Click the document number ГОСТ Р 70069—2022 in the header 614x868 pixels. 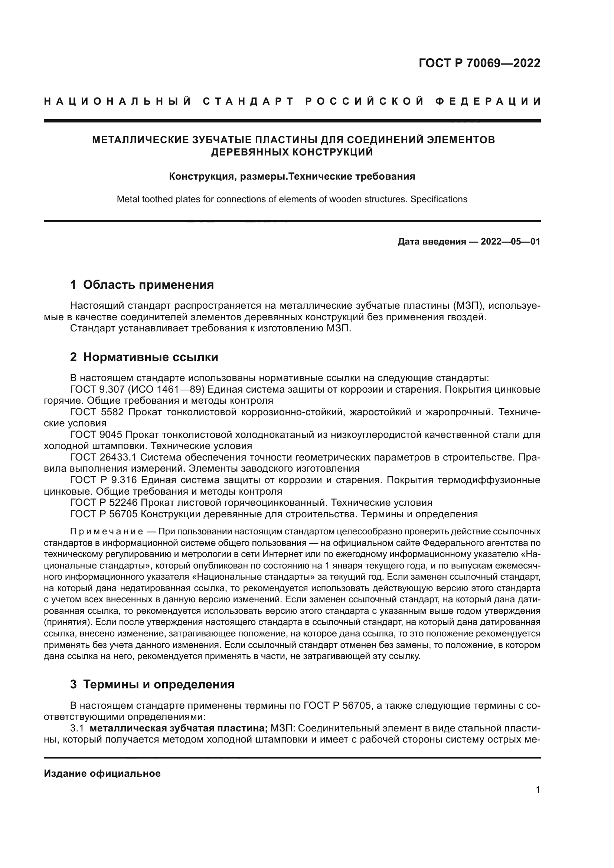pyautogui.click(x=479, y=63)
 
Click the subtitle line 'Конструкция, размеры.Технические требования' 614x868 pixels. pyautogui.click(x=292, y=177)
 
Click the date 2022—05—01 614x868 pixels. pyautogui.click(x=510, y=242)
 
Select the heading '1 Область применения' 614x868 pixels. pyautogui.click(x=142, y=285)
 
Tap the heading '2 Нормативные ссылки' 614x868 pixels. pyautogui.click(x=144, y=357)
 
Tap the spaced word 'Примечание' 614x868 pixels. pyautogui.click(x=107, y=532)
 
